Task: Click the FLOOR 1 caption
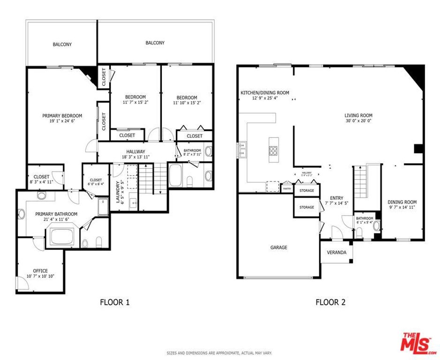[x=114, y=302]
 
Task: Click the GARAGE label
[x=279, y=247]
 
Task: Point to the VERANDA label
[x=337, y=253]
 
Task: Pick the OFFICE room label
[x=40, y=270]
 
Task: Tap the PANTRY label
[x=287, y=188]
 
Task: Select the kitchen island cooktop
[x=273, y=150]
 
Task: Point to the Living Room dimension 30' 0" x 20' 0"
[x=358, y=120]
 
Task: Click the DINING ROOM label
[x=402, y=202]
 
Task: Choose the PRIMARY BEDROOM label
[x=62, y=116]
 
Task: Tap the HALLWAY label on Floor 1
[x=135, y=151]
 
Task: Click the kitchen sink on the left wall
[x=243, y=150]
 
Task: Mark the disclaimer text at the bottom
[x=220, y=353]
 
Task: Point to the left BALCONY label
[x=62, y=45]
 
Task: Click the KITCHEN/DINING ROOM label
[x=265, y=93]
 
